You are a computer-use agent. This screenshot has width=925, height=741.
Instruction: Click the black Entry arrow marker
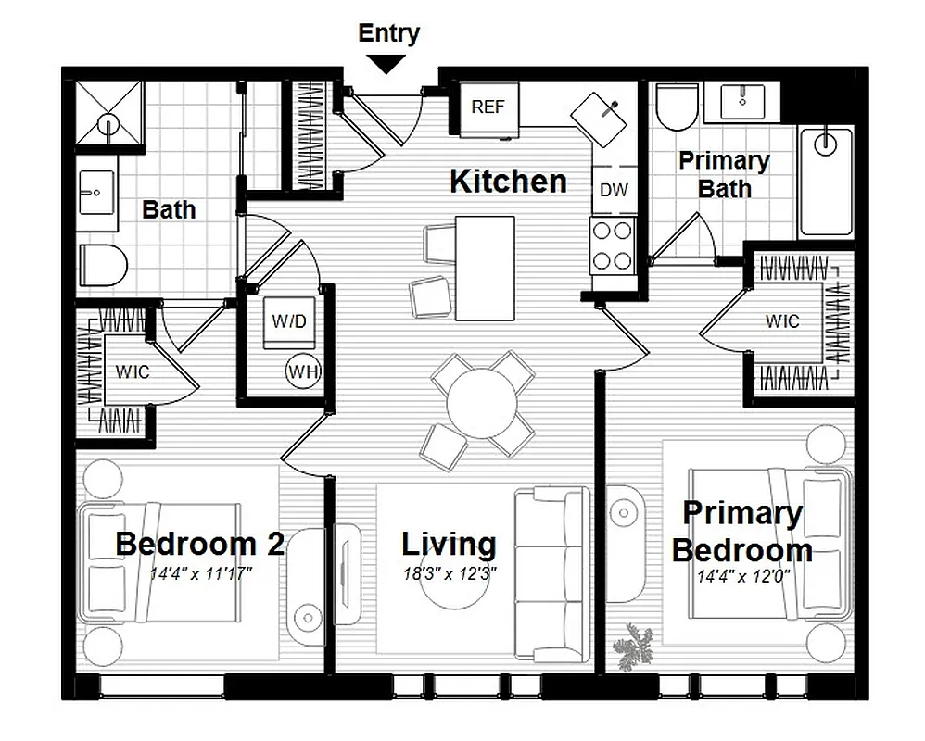(388, 63)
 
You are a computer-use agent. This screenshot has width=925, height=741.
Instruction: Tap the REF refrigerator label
(488, 107)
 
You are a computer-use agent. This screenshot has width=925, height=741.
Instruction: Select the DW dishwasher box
(614, 190)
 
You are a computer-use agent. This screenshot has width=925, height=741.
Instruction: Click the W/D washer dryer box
(288, 320)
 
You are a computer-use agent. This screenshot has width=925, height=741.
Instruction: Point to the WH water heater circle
(302, 372)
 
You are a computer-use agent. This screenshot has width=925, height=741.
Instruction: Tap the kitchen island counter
(485, 267)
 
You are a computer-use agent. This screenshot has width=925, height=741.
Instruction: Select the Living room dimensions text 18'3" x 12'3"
(449, 573)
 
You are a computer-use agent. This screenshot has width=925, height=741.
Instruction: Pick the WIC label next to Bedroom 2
(132, 372)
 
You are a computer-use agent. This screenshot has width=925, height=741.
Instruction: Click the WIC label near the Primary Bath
(781, 321)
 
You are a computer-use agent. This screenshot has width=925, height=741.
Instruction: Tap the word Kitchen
(508, 182)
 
